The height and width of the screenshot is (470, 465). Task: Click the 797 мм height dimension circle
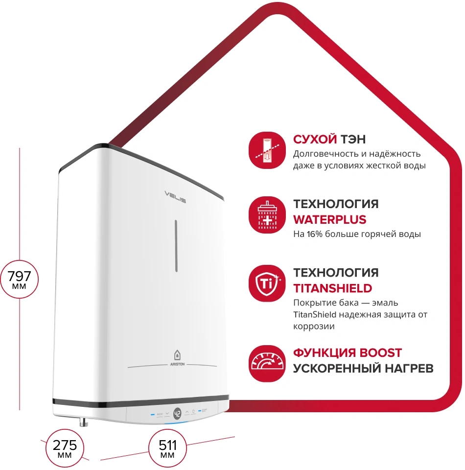pos(19,279)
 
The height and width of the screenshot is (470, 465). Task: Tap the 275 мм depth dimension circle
pos(65,448)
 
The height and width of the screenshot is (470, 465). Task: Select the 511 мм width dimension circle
pos(167,448)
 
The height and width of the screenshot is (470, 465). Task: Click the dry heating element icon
pos(267,150)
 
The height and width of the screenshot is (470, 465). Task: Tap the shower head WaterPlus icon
pos(267,215)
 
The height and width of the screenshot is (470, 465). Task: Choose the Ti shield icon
pos(267,283)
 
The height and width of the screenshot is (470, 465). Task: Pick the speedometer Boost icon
pos(267,364)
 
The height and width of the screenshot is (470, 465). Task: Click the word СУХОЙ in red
pos(315,140)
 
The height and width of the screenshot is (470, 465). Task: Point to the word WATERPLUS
pos(329,220)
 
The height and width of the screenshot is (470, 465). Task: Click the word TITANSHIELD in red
pos(332,288)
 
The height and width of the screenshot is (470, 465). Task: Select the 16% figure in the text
pos(314,234)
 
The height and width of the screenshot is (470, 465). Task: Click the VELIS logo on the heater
pos(175,197)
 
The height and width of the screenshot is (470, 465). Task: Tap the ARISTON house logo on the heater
pos(177,358)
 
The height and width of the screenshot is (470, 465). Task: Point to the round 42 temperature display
pos(177,414)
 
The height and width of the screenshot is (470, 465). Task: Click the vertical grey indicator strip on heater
pos(176,246)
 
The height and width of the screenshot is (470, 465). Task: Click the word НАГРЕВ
pos(409,368)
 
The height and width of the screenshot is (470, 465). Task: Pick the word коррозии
pos(314,327)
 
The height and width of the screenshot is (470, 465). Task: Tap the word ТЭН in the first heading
pos(353,140)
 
